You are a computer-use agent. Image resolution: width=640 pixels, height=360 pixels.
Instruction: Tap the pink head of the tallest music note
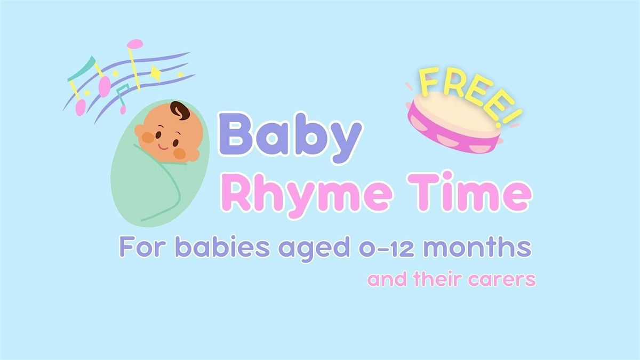tap(136, 43)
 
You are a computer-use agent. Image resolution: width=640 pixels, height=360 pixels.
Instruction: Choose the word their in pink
tap(438, 279)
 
